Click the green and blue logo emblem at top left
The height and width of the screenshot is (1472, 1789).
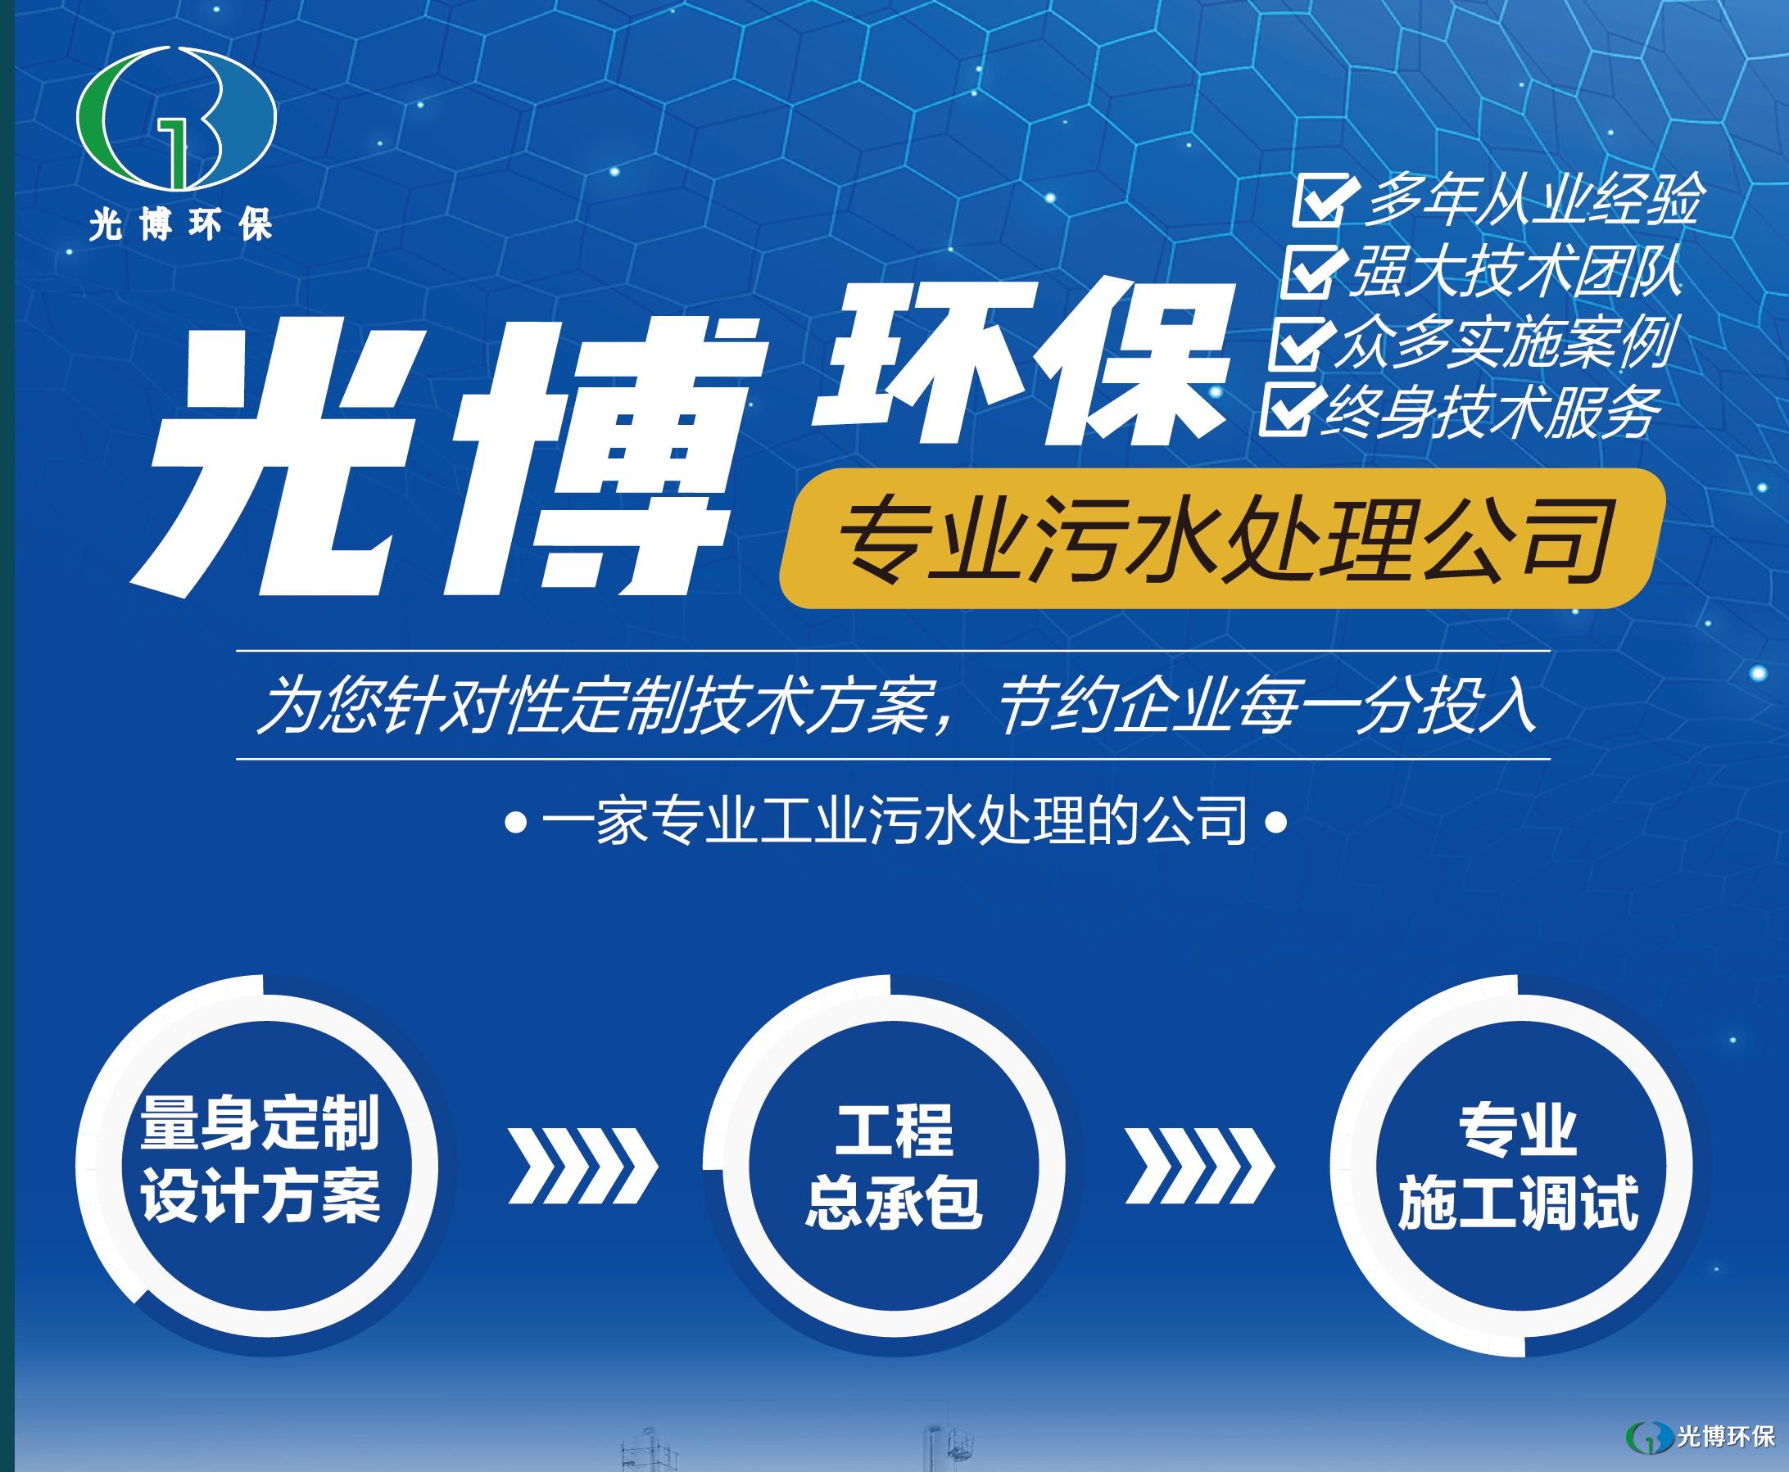point(176,119)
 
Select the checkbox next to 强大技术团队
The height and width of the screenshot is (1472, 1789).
point(1311,270)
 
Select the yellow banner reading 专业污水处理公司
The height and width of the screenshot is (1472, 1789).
point(1222,538)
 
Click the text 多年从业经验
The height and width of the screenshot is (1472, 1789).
point(1532,199)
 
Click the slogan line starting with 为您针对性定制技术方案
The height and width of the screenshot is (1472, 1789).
point(895,705)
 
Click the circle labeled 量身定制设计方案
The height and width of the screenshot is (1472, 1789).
point(260,1161)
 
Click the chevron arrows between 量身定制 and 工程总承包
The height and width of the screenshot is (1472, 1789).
point(583,1166)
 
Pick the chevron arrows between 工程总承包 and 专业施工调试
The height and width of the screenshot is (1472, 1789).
point(1200,1166)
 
